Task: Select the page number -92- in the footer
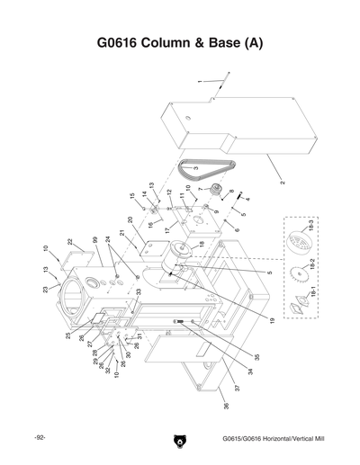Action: (x=40, y=438)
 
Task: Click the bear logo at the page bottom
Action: (x=179, y=440)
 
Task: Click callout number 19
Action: (x=270, y=321)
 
